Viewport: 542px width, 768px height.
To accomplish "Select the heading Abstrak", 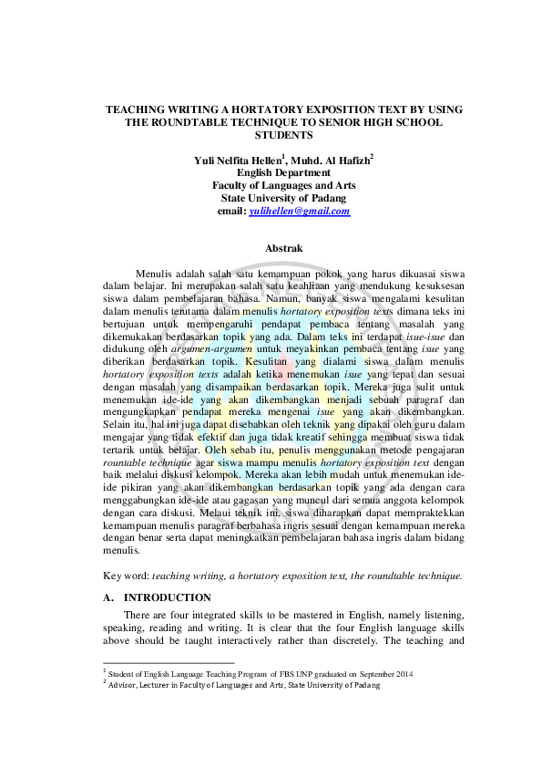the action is (x=283, y=248).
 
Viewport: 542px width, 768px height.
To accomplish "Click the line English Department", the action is (x=283, y=172).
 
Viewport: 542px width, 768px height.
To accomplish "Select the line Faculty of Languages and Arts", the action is (x=283, y=185).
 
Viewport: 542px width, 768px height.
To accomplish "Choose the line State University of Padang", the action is (x=283, y=198).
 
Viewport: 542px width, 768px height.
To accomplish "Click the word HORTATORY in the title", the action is (x=260, y=109).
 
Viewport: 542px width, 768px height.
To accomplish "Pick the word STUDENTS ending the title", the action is (x=283, y=135).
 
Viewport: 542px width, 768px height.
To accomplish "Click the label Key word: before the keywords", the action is (x=127, y=576).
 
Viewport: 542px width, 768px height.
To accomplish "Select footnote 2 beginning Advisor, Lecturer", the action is (x=237, y=686).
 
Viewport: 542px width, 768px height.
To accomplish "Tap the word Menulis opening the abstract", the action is (x=158, y=273).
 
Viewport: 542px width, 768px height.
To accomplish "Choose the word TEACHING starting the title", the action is (x=139, y=109).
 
